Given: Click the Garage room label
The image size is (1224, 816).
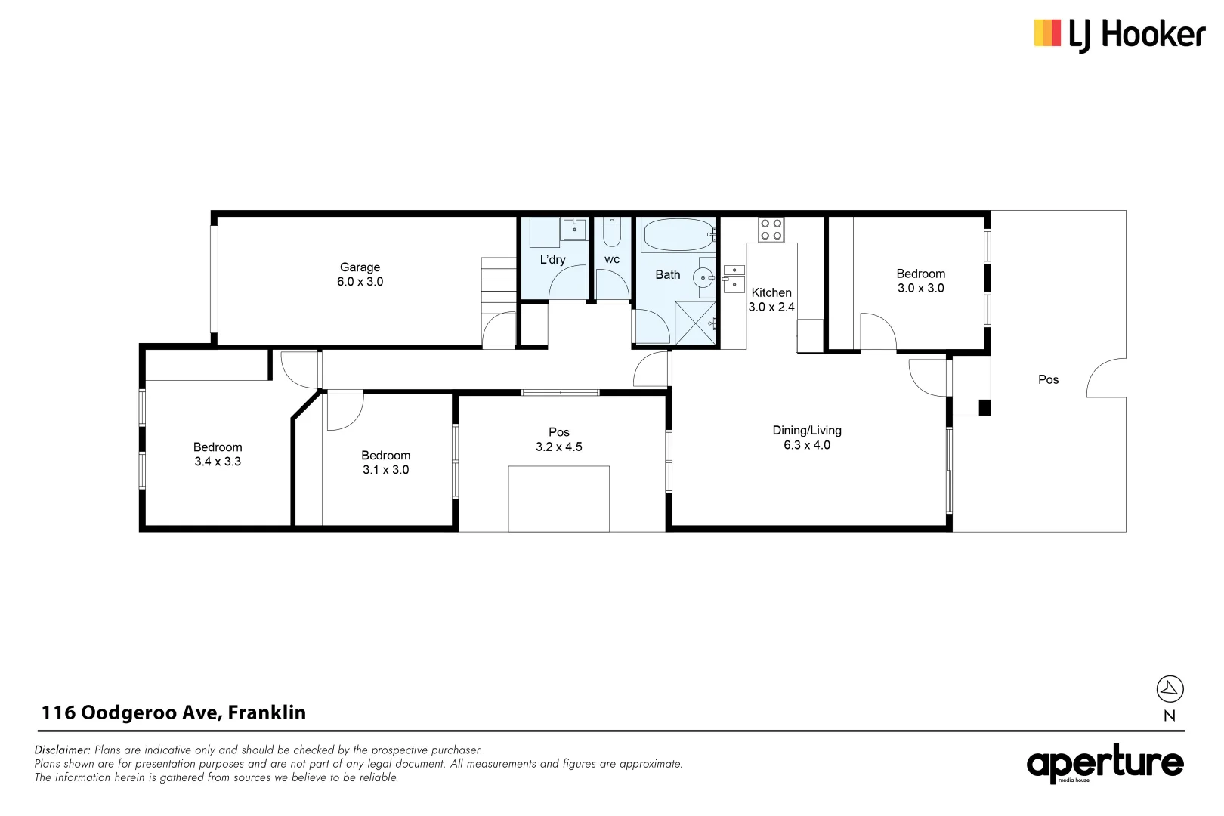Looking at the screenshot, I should (x=360, y=267).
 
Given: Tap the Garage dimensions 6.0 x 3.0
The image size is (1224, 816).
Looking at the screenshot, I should (x=360, y=282).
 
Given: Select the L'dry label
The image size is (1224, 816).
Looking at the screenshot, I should (x=552, y=259).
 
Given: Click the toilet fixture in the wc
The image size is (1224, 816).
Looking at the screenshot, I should (x=612, y=232).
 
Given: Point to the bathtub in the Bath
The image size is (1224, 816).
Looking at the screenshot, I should (x=678, y=235).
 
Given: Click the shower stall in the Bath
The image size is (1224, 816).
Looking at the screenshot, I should (x=694, y=323).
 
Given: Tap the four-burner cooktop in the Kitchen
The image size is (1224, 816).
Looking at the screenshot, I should (x=771, y=230).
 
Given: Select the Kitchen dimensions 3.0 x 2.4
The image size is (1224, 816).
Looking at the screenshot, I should (x=771, y=307).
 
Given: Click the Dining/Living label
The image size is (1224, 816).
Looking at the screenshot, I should (x=806, y=430).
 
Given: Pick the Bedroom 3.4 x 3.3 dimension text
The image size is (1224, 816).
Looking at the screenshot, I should (x=218, y=462).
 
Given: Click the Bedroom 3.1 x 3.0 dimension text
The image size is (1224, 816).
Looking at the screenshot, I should (x=385, y=470).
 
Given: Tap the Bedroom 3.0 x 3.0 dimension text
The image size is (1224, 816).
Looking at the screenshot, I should (x=920, y=288).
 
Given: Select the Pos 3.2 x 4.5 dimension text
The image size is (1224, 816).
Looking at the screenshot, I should (x=558, y=447).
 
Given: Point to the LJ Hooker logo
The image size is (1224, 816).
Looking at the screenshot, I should (x=1119, y=35).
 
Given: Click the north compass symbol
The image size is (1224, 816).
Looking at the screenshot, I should (x=1170, y=689).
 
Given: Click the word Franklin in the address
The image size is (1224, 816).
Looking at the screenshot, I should (x=267, y=712).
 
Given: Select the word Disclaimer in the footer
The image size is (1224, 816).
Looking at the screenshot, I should (x=62, y=750).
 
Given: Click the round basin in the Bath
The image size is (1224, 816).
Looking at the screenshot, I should (x=703, y=278).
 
